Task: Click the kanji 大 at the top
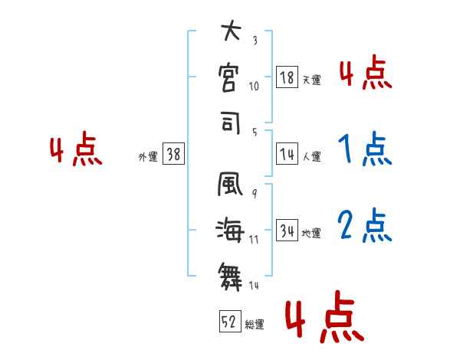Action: pyautogui.click(x=230, y=33)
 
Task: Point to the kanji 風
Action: pyautogui.click(x=230, y=186)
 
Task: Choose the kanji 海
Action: pyautogui.click(x=230, y=229)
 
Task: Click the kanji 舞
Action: pyautogui.click(x=230, y=272)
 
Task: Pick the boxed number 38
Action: pyautogui.click(x=173, y=154)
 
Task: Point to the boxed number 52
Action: pyautogui.click(x=229, y=322)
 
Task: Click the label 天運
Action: pyautogui.click(x=311, y=80)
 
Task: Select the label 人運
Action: pyautogui.click(x=311, y=156)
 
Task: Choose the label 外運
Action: pyautogui.click(x=147, y=156)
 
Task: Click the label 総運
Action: pyautogui.click(x=254, y=325)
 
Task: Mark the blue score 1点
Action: pyautogui.click(x=364, y=149)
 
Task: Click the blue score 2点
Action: pyautogui.click(x=364, y=226)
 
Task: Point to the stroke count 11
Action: pyautogui.click(x=254, y=240)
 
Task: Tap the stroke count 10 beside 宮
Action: pyautogui.click(x=255, y=86)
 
